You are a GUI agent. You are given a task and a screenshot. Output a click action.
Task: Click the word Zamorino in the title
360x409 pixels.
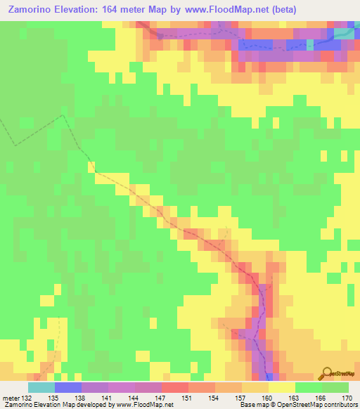tap(30, 10)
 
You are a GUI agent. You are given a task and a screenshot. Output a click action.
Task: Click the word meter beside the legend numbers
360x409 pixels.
tap(11, 398)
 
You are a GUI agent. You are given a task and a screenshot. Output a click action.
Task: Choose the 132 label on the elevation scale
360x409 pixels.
tap(27, 398)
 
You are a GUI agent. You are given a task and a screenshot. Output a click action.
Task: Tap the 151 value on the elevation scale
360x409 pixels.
tap(188, 398)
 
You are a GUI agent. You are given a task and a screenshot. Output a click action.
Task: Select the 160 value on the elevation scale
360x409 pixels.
tap(267, 398)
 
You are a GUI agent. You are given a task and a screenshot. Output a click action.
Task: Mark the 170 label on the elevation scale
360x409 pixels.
tap(347, 398)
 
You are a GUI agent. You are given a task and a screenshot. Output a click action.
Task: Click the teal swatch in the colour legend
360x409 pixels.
tap(41, 387)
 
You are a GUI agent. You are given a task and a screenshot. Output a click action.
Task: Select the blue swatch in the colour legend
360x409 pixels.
tap(67, 387)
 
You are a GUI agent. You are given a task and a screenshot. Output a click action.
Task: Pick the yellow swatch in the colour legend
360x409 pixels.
tap(281, 387)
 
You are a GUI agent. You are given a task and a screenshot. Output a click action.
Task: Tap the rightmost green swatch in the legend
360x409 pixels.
tap(335, 387)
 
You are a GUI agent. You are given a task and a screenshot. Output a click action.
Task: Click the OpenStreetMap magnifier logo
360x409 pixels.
tap(326, 375)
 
